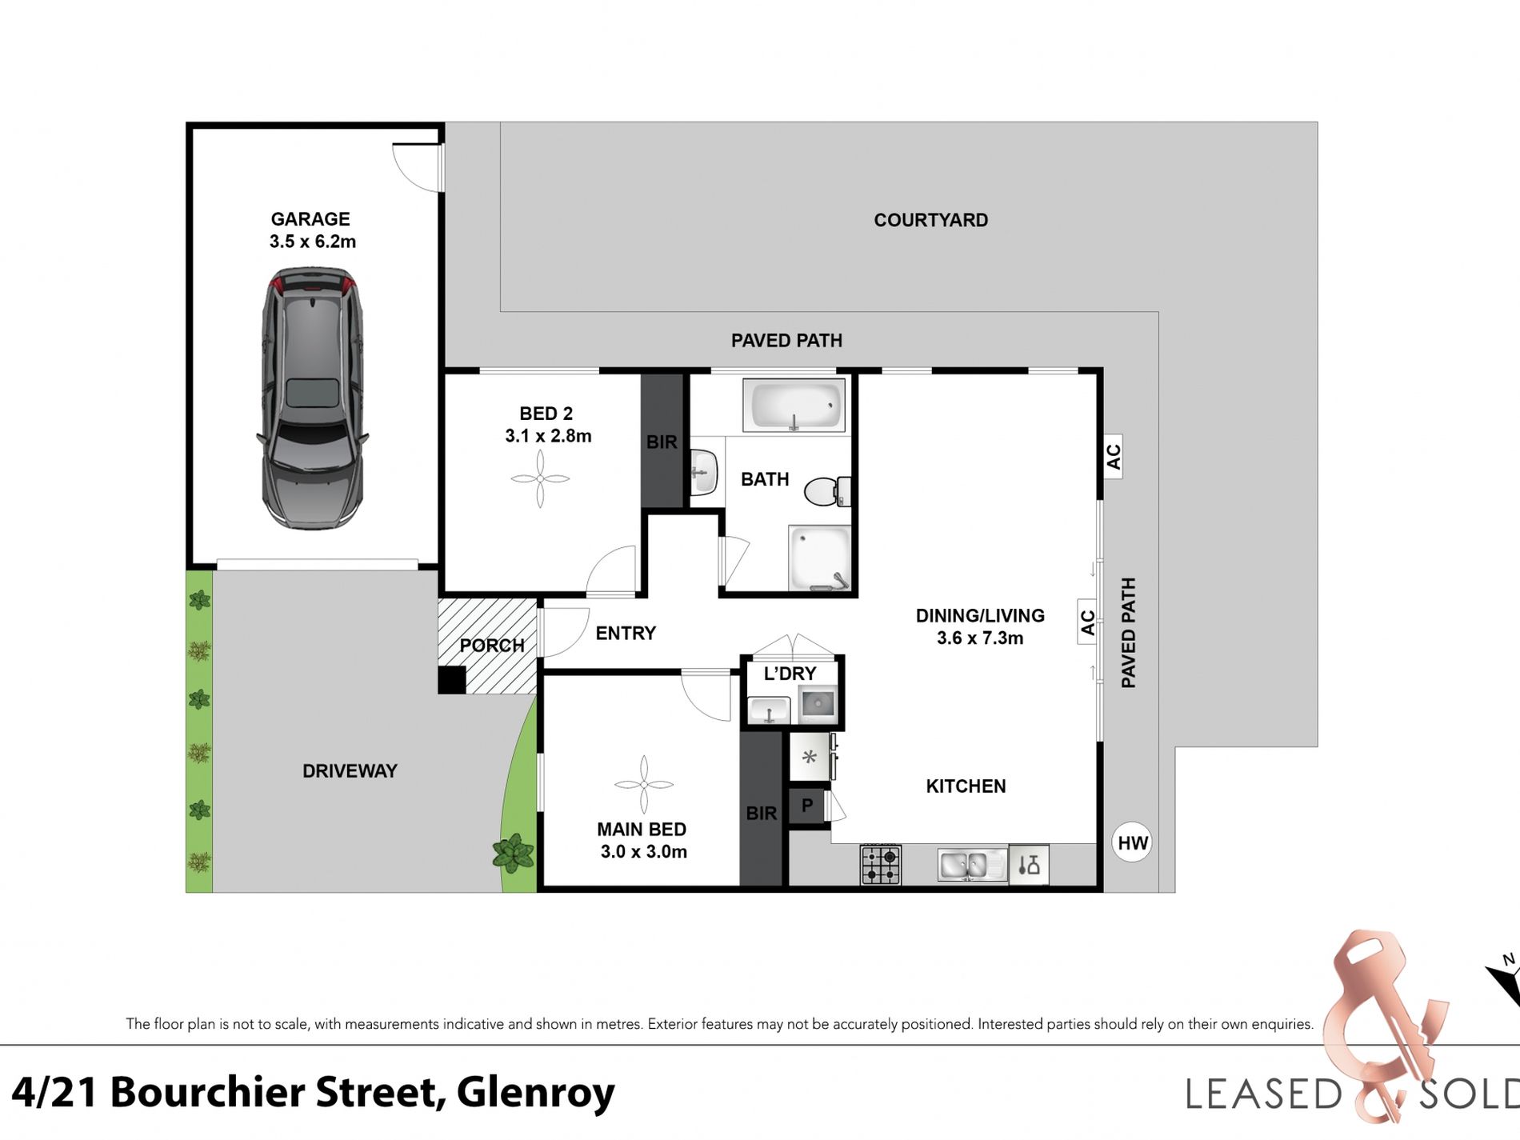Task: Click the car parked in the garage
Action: click(313, 398)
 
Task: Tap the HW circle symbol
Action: click(1132, 842)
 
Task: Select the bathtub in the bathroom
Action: click(794, 405)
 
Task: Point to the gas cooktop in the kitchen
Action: click(881, 865)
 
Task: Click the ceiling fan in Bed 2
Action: click(540, 479)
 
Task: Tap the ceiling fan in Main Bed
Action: click(644, 785)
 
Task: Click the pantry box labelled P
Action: click(807, 806)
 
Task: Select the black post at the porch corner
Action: click(451, 680)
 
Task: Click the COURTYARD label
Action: click(930, 220)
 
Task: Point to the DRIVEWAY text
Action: click(350, 771)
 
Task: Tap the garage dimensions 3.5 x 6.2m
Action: click(313, 242)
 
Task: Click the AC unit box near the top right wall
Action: click(1113, 456)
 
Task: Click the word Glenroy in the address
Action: click(535, 1093)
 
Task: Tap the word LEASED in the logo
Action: click(1263, 1094)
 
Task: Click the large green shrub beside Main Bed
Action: click(513, 853)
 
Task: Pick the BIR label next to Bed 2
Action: click(662, 442)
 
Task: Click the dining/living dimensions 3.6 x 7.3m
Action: click(980, 638)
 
